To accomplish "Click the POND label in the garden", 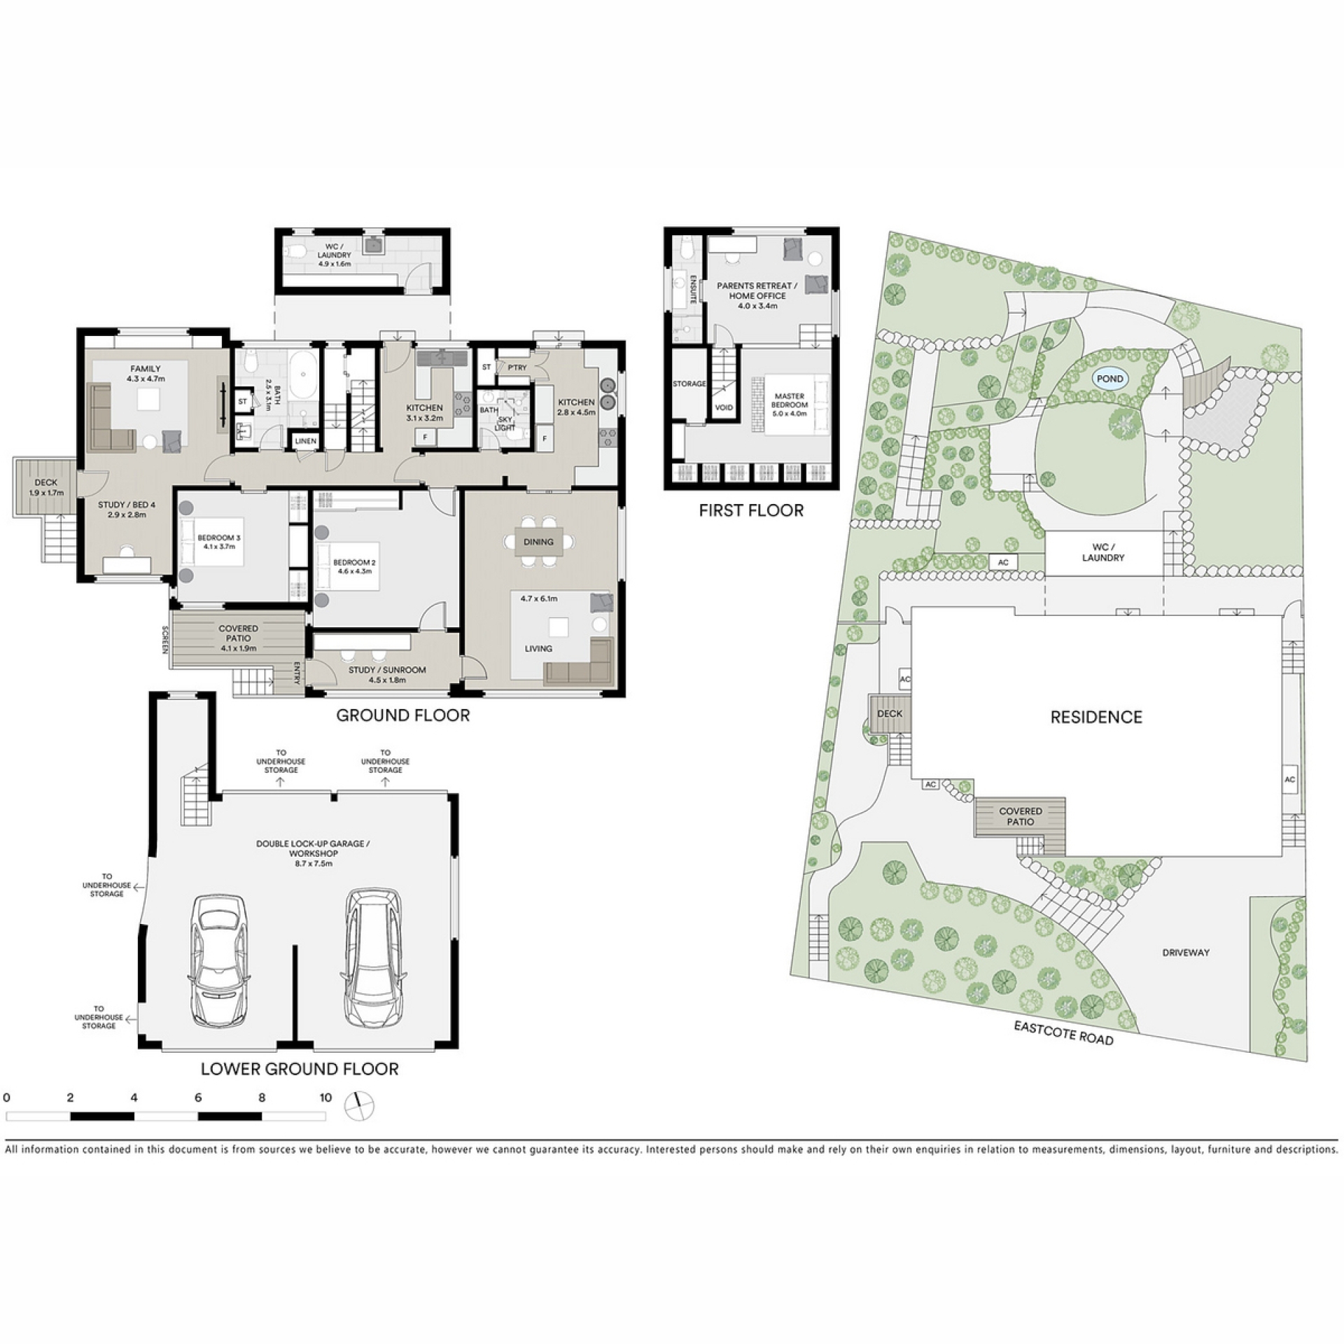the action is point(1109,379).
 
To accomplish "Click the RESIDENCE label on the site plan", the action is point(1096,717).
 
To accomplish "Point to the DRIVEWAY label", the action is point(1186,952).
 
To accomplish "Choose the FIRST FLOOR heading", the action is point(751,510).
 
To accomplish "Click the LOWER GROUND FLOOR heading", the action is point(300,1069).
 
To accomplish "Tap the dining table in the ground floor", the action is point(538,542).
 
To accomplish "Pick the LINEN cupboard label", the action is point(306,441).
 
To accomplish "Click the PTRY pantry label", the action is point(517,367).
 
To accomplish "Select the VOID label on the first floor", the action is point(724,407).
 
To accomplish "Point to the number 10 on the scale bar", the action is point(325,1097).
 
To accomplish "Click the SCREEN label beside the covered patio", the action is point(165,639).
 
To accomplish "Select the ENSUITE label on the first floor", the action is point(694,290).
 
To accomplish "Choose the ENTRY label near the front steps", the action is point(297,673).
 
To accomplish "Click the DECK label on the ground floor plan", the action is point(46,483).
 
